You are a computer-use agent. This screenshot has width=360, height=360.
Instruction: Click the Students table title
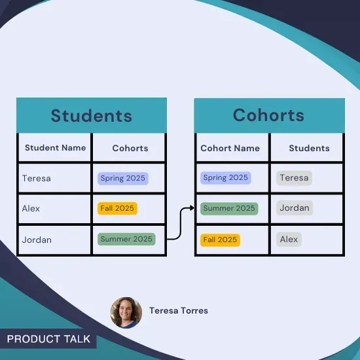[x=91, y=116]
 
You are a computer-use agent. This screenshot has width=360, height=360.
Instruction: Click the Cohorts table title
[x=268, y=115]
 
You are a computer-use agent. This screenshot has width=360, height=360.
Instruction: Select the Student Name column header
[x=55, y=148]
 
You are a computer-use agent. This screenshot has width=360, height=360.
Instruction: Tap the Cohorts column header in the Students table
[x=130, y=148]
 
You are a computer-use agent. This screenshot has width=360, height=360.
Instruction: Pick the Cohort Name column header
[x=230, y=148]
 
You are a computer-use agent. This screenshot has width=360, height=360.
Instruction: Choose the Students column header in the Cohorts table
[x=309, y=148]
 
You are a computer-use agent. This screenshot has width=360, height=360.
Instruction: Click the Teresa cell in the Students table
[x=36, y=178]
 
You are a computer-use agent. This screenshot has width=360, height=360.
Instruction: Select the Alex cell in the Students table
[x=31, y=208]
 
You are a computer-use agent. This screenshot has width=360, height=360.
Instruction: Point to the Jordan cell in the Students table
[x=37, y=240]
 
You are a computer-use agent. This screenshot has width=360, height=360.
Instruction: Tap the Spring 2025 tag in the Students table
[x=122, y=178]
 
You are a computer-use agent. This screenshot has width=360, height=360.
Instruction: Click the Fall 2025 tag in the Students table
[x=117, y=208]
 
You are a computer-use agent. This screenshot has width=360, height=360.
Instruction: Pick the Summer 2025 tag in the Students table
[x=126, y=239]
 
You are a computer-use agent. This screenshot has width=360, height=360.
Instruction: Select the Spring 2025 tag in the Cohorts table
[x=225, y=177]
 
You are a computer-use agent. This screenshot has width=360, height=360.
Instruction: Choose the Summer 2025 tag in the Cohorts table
[x=229, y=208]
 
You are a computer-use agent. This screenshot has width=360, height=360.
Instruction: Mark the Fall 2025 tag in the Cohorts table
[x=220, y=240]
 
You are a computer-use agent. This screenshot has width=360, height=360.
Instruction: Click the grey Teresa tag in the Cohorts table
[x=294, y=177]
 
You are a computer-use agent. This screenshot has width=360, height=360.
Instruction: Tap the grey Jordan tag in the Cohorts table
[x=294, y=208]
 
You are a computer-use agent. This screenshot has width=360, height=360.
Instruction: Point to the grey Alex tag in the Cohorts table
[x=289, y=239]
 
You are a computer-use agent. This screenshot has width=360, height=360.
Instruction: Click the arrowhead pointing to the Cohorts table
[x=191, y=208]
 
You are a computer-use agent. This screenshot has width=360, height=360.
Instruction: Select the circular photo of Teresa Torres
[x=126, y=312]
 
